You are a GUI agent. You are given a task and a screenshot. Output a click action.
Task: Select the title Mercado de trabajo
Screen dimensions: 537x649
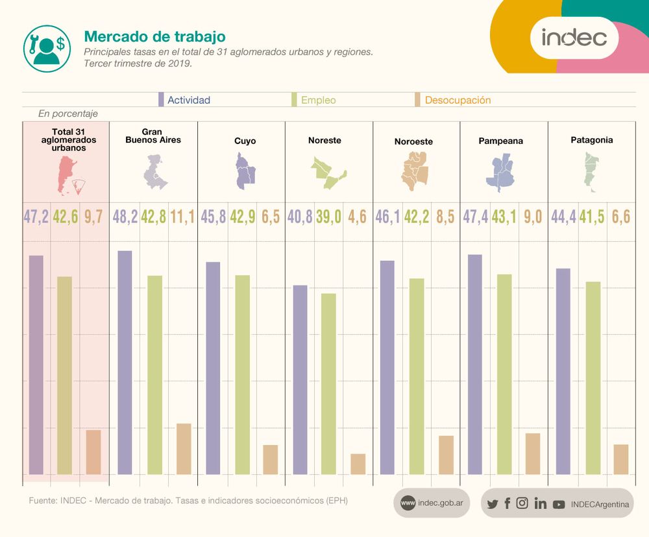pyautogui.click(x=154, y=36)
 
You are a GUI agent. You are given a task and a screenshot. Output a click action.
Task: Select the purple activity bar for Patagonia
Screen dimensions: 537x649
pyautogui.click(x=563, y=371)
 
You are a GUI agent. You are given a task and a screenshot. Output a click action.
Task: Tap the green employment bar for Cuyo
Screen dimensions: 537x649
pyautogui.click(x=242, y=375)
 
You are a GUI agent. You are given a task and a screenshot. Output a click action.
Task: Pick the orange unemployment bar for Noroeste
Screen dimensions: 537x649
pyautogui.click(x=446, y=455)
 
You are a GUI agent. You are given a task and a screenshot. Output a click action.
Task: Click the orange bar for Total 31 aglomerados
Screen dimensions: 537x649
pyautogui.click(x=93, y=452)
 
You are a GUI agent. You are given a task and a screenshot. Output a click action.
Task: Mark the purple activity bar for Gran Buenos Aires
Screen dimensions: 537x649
pyautogui.click(x=125, y=363)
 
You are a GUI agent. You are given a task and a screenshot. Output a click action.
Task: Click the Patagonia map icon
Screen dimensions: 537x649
pyautogui.click(x=590, y=172)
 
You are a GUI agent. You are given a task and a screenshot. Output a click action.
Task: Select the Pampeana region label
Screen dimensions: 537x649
pyautogui.click(x=500, y=141)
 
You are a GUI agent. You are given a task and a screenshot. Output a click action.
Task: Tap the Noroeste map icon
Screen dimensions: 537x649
pyautogui.click(x=415, y=170)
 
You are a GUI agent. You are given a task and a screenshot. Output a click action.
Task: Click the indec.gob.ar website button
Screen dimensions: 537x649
pyautogui.click(x=432, y=503)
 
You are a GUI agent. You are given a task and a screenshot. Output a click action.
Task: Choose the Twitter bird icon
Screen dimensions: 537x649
pyautogui.click(x=492, y=504)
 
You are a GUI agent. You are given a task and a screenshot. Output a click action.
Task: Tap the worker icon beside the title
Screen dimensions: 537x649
pyautogui.click(x=46, y=49)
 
